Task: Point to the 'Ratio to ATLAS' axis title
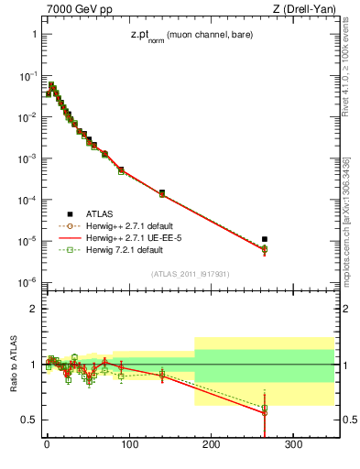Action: (12, 364)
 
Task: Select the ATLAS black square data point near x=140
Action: (162, 192)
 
